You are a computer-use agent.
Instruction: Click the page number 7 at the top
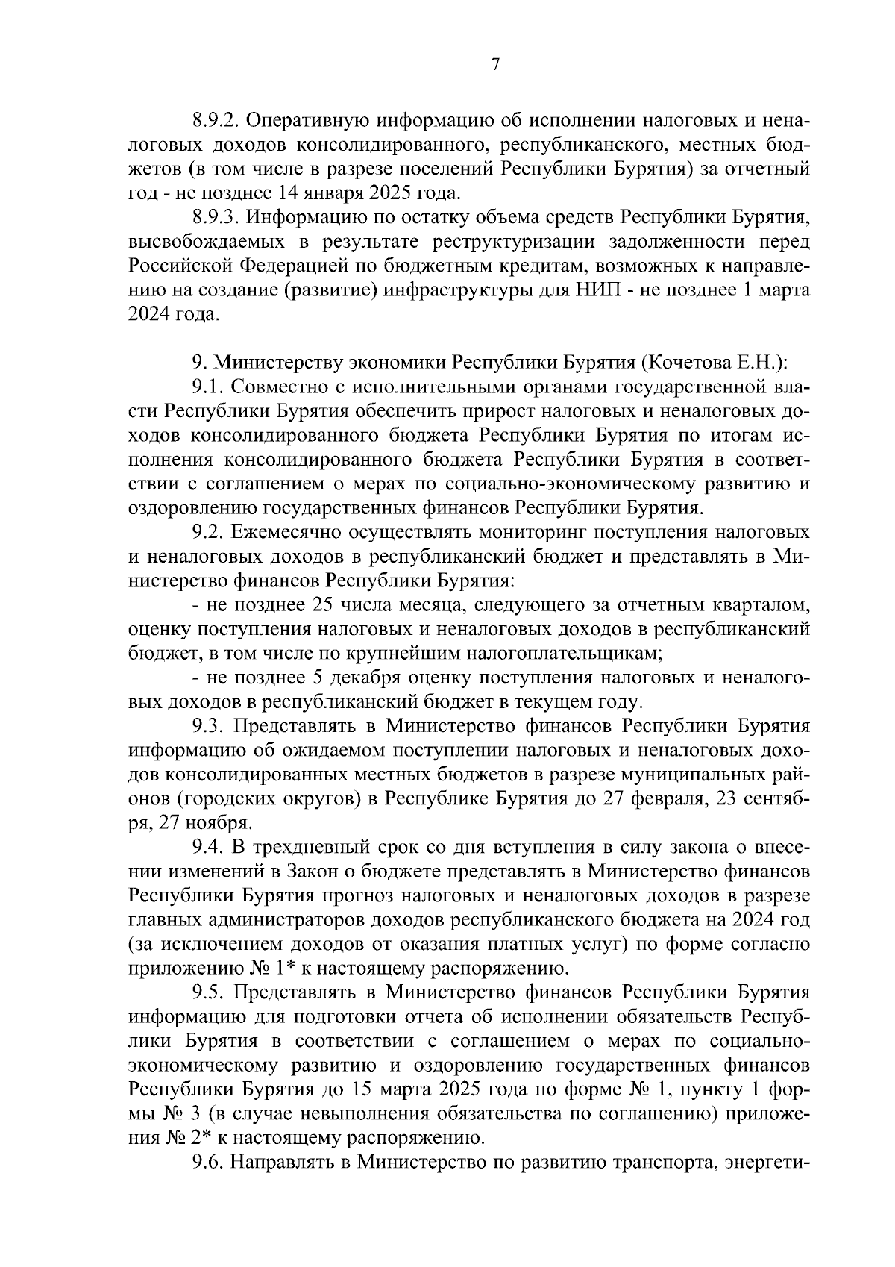[x=495, y=66]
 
